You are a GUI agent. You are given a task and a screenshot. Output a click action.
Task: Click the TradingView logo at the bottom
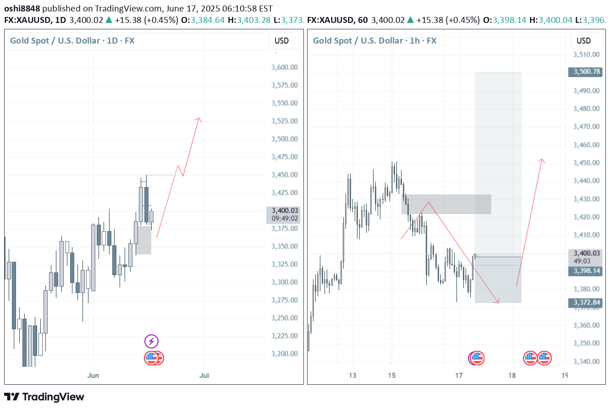(x=44, y=397)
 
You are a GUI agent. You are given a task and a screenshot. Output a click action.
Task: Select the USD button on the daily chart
(x=281, y=41)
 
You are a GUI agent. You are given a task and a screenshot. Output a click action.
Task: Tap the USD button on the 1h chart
(x=583, y=41)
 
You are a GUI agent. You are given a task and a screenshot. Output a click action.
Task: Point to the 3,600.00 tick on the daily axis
(x=285, y=67)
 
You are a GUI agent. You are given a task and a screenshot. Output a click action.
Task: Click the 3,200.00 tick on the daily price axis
(x=285, y=354)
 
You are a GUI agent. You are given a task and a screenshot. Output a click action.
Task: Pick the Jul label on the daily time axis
(x=204, y=376)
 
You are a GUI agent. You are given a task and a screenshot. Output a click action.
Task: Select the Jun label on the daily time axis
(x=93, y=376)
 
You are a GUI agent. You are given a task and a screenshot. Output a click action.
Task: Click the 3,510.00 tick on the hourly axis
(x=587, y=55)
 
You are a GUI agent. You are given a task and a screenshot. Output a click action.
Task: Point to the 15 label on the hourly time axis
(x=391, y=376)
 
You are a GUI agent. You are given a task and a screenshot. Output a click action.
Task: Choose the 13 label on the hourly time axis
(x=352, y=376)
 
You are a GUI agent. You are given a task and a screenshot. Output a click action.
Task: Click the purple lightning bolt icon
(x=151, y=341)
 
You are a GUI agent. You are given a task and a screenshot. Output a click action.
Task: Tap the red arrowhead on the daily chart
(x=198, y=119)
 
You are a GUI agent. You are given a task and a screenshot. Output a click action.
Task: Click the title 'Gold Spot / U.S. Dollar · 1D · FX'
(x=72, y=41)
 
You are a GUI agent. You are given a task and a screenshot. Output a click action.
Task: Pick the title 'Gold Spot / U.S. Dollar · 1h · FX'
(x=374, y=41)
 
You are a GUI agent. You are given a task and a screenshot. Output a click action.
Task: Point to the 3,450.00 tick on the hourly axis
(x=587, y=163)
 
